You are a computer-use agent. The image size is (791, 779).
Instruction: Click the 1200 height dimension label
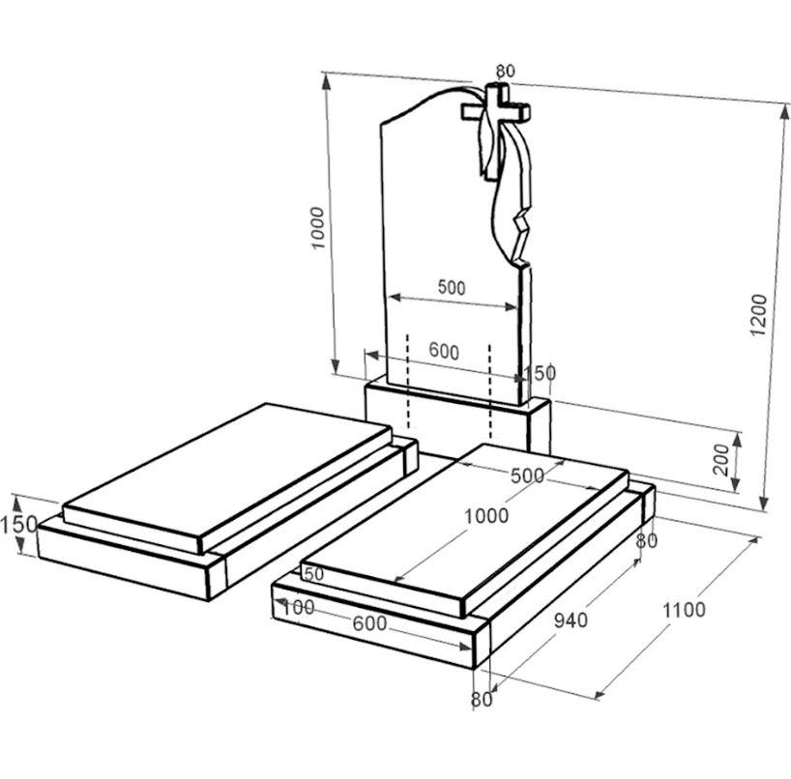758,315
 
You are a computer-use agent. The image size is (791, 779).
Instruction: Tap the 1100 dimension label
684,610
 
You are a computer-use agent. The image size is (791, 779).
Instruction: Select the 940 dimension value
571,620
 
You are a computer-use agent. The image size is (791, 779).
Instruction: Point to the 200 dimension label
721,459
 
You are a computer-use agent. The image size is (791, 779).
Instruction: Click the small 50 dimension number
313,574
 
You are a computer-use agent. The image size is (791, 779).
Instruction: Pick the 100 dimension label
298,608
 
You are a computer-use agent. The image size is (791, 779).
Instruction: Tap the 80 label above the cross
506,72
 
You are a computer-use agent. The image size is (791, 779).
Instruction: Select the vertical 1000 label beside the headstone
318,228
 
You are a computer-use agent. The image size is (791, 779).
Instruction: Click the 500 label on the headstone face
452,287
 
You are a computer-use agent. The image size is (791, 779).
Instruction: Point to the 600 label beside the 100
369,623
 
